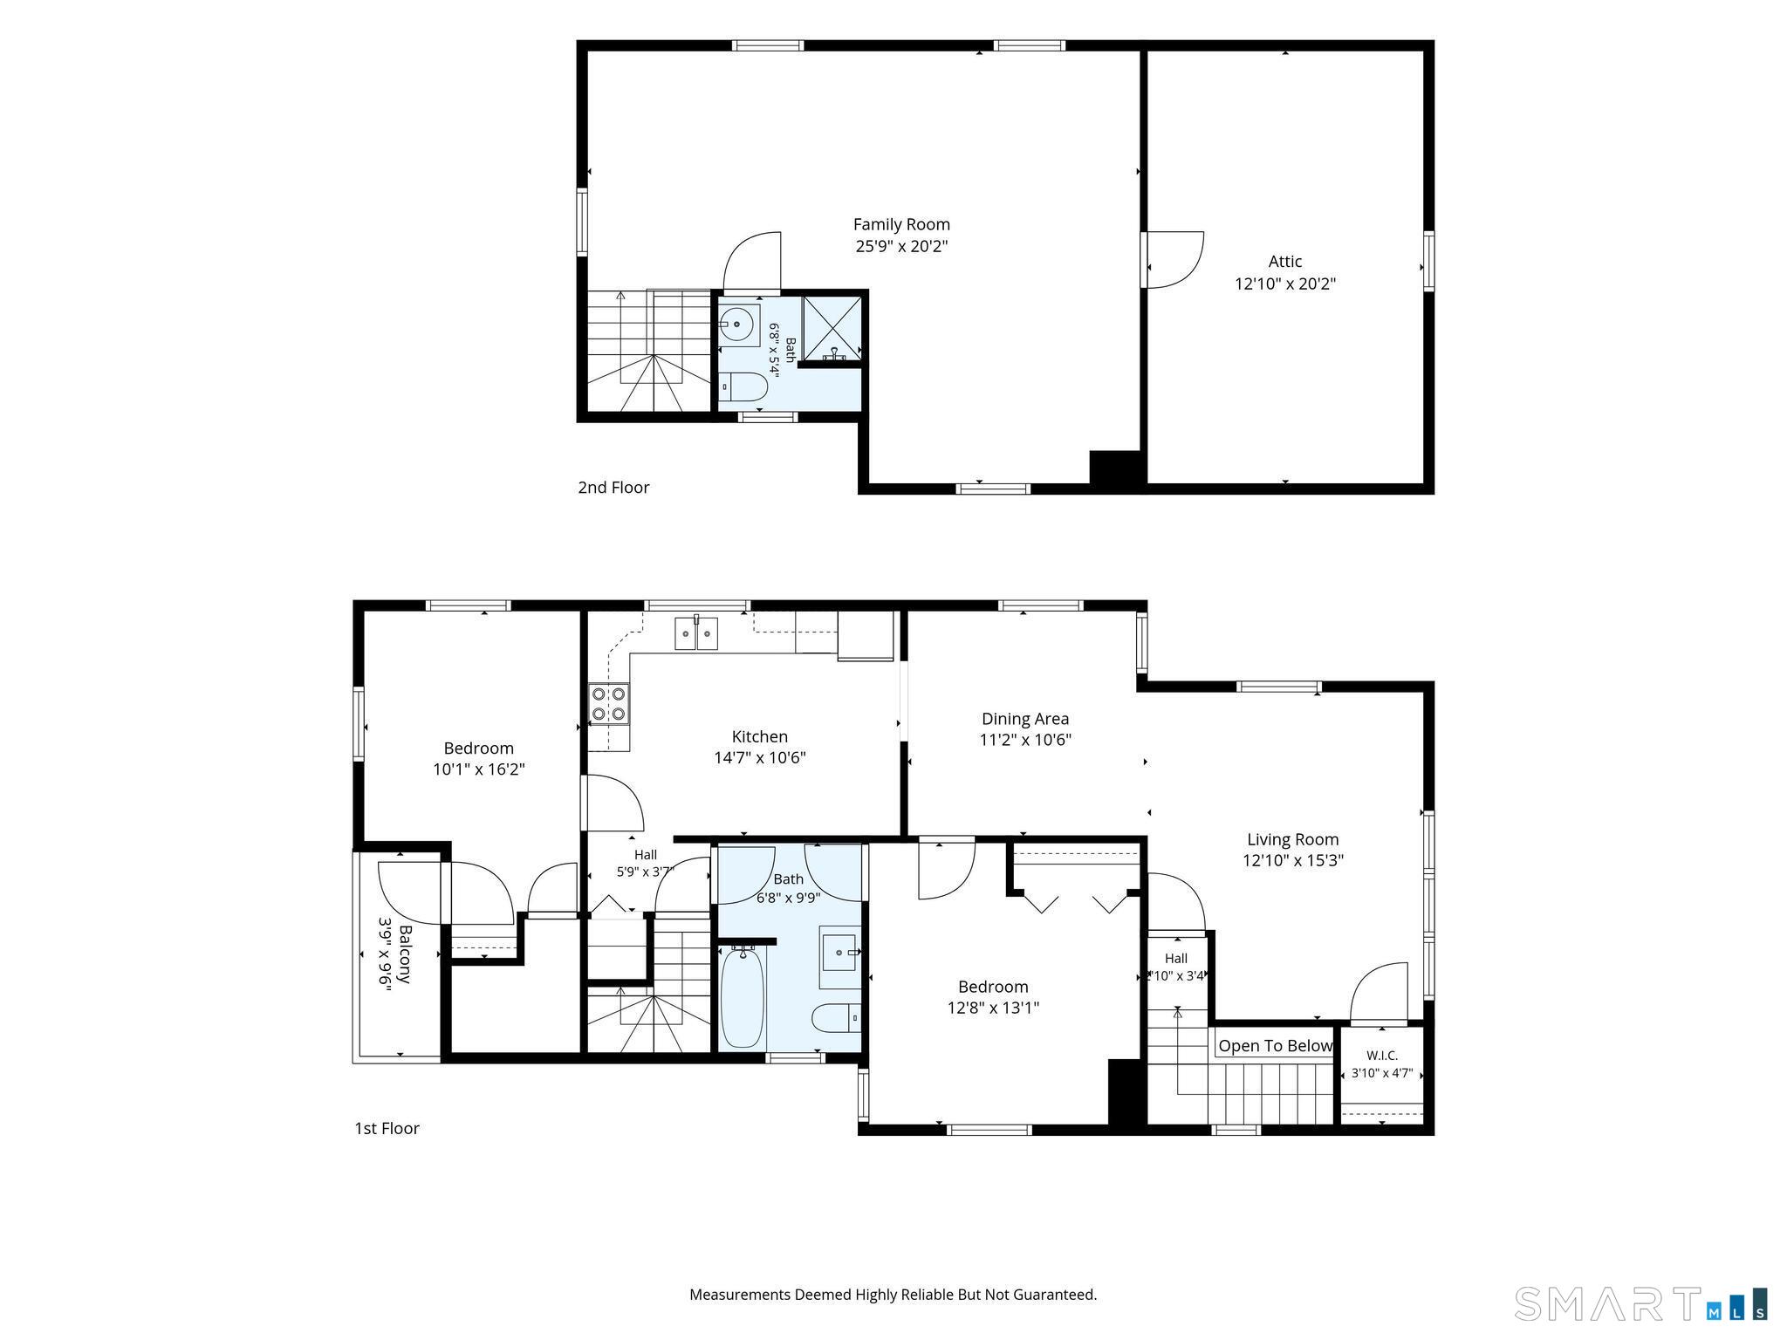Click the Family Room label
click(901, 224)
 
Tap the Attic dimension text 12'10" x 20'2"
click(1285, 284)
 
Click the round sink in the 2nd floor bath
click(738, 325)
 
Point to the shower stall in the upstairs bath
click(832, 328)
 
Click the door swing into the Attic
click(1174, 259)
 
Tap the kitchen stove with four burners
click(608, 704)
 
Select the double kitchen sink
click(696, 632)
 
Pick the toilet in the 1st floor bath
click(836, 1017)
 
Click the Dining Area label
click(1025, 719)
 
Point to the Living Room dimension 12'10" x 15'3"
click(1293, 860)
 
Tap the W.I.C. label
click(1382, 1056)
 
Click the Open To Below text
click(1276, 1045)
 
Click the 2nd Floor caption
click(613, 488)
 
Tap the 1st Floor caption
click(387, 1128)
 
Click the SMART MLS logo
click(1640, 1303)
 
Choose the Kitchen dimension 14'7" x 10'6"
click(760, 757)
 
